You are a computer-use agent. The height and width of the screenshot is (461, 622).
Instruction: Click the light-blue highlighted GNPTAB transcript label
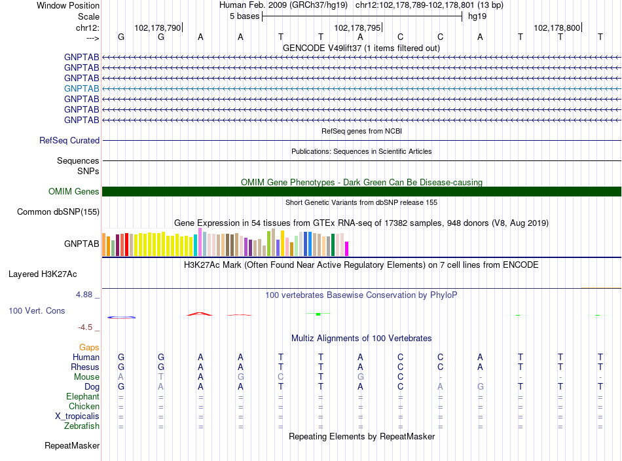81,88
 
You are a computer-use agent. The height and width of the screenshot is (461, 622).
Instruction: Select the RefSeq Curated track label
69,140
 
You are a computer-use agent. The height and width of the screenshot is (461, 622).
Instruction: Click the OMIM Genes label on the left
73,192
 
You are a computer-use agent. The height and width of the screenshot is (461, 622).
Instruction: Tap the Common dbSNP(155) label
58,212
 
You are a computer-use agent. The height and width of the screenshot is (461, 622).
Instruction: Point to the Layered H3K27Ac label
43,274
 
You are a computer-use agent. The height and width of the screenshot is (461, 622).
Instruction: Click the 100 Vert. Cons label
37,310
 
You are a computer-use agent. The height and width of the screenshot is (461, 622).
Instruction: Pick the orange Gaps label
89,348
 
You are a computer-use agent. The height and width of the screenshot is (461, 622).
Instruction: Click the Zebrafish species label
82,426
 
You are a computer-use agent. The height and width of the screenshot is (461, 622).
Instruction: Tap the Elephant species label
82,397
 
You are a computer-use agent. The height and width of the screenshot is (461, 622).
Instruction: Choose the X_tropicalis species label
77,416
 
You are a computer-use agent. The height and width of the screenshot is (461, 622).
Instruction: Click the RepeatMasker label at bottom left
72,446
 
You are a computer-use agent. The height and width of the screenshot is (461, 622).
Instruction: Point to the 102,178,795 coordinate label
357,28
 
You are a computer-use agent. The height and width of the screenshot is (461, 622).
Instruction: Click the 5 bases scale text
244,16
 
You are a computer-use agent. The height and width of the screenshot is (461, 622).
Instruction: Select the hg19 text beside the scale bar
477,16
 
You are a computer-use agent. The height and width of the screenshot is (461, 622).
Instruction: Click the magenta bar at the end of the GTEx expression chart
347,249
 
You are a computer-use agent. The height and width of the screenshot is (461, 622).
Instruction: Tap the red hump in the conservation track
200,314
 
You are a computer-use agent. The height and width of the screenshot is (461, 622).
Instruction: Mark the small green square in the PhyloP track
318,314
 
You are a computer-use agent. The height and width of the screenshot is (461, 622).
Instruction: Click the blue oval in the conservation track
121,318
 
